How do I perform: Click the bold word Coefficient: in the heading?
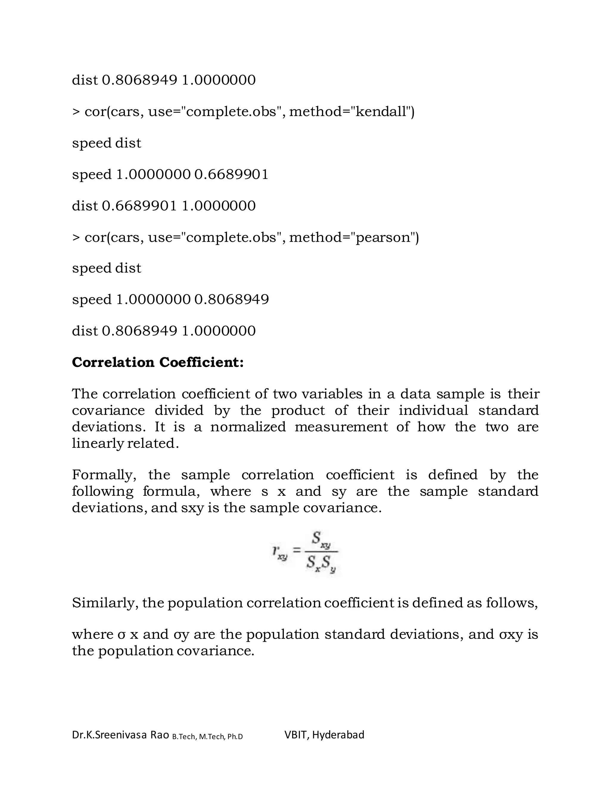[x=202, y=363]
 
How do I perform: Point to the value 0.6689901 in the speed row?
[x=231, y=175]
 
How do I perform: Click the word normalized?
[x=248, y=427]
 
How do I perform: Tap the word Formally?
[x=104, y=475]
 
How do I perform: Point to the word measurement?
[x=341, y=427]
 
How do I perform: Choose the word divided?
[x=179, y=411]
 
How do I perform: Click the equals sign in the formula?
[x=296, y=551]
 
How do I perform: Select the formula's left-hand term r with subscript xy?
[x=279, y=552]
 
